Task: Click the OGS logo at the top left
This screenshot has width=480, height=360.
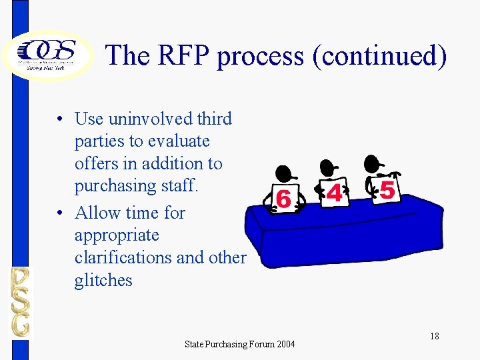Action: [x=48, y=53]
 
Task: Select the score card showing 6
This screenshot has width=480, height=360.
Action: [x=283, y=198]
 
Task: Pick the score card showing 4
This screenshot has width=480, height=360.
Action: [x=334, y=192]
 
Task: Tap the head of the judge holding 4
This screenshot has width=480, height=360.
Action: [x=327, y=167]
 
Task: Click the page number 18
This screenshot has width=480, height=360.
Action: [x=434, y=335]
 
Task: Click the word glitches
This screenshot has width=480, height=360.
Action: [x=103, y=280]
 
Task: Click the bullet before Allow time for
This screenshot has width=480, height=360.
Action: [x=60, y=213]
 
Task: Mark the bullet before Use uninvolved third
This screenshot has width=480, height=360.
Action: [x=60, y=119]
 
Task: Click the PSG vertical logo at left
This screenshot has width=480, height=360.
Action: [x=20, y=302]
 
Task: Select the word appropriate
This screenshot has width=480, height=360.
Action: [x=117, y=235]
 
